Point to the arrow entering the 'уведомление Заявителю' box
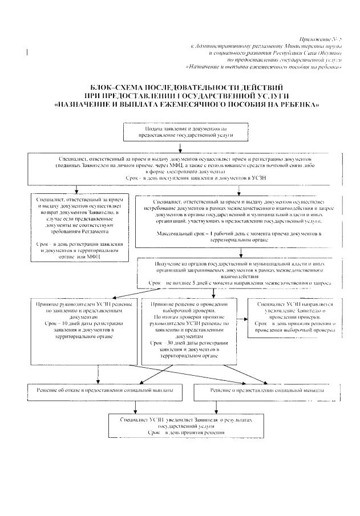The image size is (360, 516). click(x=242, y=320)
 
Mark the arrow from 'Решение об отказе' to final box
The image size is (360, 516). click(x=135, y=406)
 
